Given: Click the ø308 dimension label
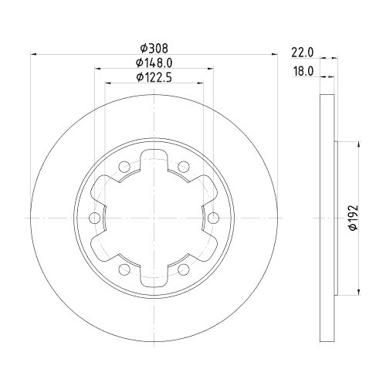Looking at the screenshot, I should tap(152, 48).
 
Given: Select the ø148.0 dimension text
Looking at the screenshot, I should tap(152, 63).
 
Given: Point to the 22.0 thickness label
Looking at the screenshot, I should tap(300, 52).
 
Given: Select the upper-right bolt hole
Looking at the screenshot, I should tap(182, 166).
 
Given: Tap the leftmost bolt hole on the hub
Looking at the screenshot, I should tap(93, 218).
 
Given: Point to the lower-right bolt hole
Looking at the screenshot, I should tap(182, 269).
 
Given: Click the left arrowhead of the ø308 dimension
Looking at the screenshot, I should tap(32, 55).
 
